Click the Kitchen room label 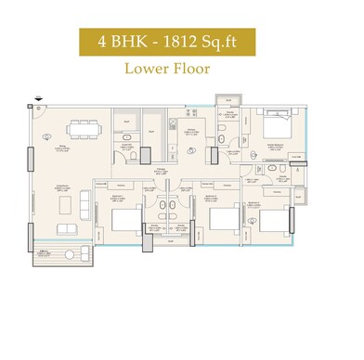[188, 134]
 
